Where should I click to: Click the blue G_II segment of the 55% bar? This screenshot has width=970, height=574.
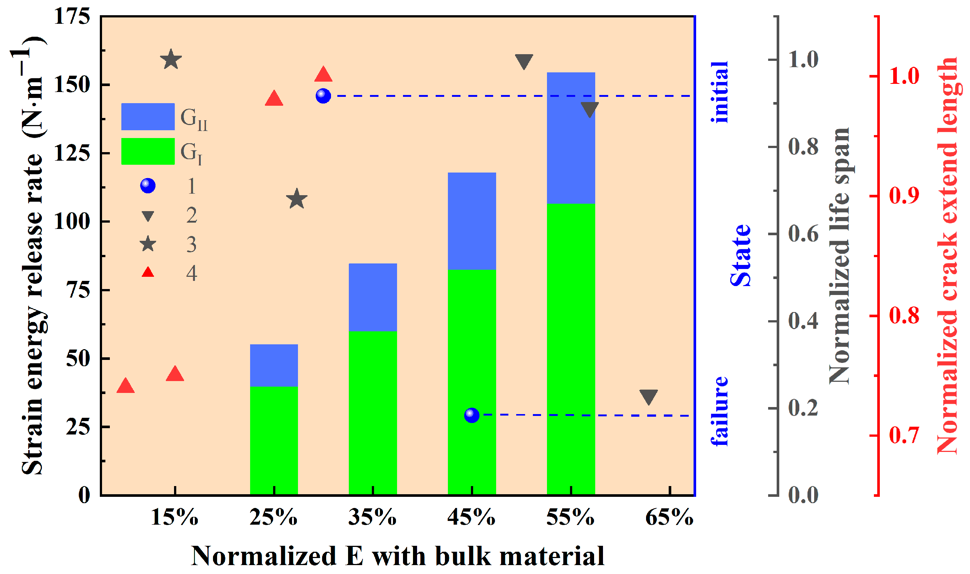[571, 137]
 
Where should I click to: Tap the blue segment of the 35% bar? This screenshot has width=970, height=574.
[373, 297]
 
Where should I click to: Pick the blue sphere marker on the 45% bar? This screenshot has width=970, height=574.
[472, 415]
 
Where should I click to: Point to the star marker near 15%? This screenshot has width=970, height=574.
[171, 60]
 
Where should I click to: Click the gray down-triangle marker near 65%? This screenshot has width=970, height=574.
[649, 397]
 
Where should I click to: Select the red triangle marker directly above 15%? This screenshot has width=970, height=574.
[175, 374]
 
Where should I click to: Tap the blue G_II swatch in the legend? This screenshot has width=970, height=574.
[148, 117]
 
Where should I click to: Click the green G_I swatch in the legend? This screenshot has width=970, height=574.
[148, 151]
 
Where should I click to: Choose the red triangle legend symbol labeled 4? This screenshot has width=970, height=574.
[148, 272]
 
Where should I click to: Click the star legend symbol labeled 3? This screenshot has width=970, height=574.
[148, 244]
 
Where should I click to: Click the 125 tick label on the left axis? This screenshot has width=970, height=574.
[72, 153]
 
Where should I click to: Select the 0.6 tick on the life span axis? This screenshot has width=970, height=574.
[803, 234]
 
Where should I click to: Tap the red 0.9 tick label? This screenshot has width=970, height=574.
[904, 196]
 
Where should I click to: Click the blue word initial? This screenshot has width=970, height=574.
[720, 92]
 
